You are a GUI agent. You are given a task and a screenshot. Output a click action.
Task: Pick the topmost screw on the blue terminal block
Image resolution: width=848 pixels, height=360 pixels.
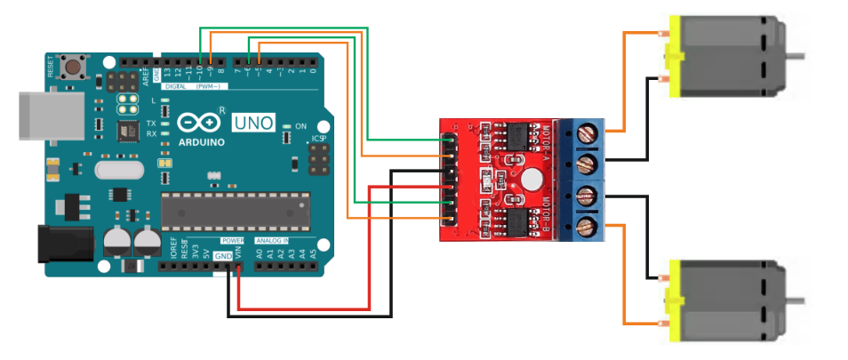[x=587, y=135]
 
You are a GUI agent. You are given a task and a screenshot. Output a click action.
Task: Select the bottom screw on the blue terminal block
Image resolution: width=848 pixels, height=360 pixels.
[x=587, y=227]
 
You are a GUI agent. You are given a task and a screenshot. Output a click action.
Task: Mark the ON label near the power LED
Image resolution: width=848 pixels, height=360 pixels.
[x=300, y=126]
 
